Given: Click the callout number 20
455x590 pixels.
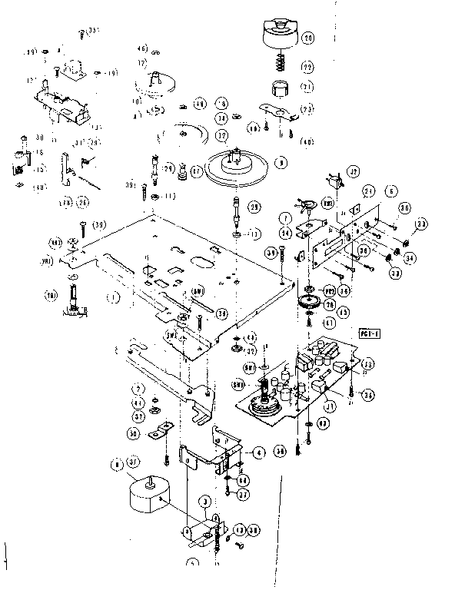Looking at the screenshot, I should point(307,38).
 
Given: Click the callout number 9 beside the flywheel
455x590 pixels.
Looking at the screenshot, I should point(281,163).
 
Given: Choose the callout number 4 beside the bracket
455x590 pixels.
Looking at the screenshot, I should point(261,453).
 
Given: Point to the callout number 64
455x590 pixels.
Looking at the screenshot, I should point(243,480).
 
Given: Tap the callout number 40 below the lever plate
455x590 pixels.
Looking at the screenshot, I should point(307,141).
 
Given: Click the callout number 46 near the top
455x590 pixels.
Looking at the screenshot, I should point(144,50).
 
